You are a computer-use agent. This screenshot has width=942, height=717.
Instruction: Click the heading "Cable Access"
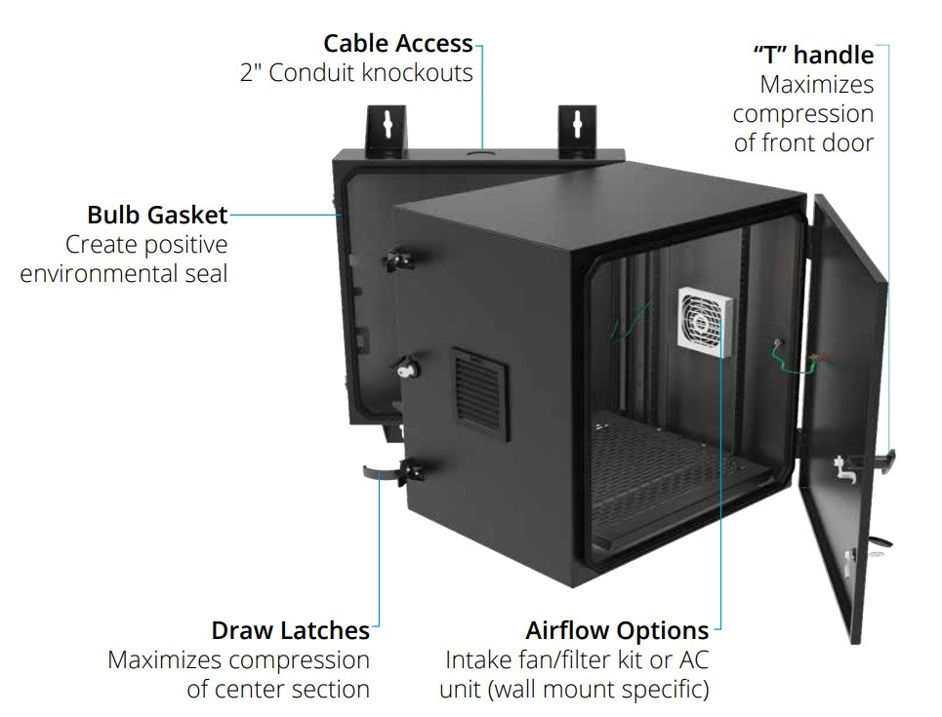tap(398, 43)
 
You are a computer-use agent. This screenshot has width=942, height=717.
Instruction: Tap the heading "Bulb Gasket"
tap(157, 215)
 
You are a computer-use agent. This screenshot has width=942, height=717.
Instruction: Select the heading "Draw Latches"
tap(290, 630)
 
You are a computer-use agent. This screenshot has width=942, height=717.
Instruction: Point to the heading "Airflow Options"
tap(617, 630)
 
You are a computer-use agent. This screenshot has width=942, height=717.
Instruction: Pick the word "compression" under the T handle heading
tap(803, 114)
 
